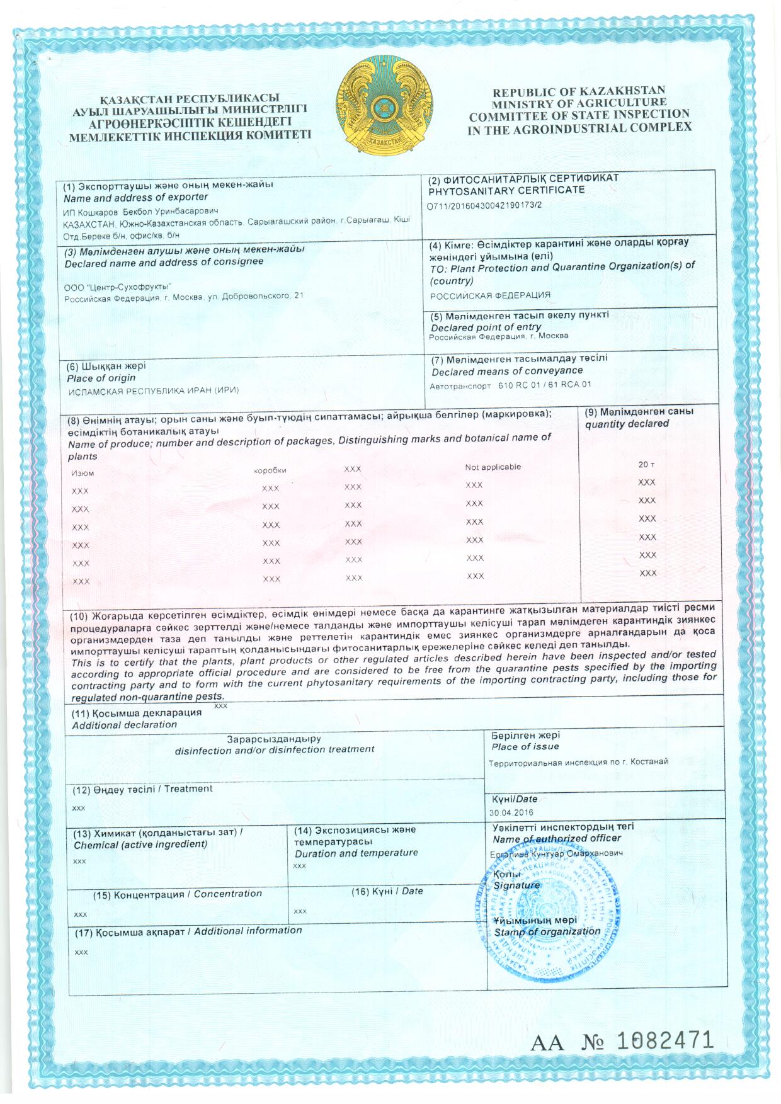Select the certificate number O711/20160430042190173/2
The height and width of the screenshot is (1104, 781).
[484, 205]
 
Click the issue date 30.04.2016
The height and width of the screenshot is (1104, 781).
[511, 812]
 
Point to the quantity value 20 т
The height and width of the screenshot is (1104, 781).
[646, 464]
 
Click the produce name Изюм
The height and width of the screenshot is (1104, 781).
[83, 473]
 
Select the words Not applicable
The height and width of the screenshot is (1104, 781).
[493, 467]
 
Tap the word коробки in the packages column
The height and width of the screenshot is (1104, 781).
[270, 470]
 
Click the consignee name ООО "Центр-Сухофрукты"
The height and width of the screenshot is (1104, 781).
[118, 287]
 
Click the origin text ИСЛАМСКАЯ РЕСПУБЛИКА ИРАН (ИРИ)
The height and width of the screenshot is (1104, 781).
[153, 390]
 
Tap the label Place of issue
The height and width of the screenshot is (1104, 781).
[525, 747]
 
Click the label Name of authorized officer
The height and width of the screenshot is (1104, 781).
[557, 839]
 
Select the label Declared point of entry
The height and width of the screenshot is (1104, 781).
[486, 327]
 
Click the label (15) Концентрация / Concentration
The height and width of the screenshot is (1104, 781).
[177, 894]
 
